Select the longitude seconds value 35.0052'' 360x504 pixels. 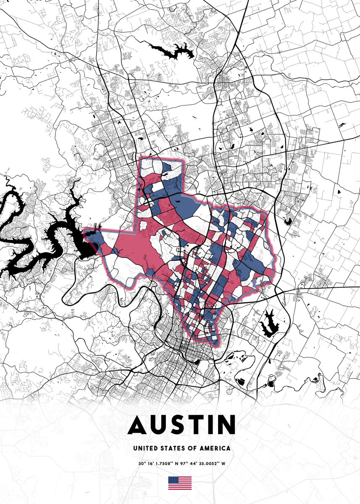tap(205, 464)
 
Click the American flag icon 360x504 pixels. tap(180, 483)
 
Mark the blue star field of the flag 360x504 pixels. tap(173, 479)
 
